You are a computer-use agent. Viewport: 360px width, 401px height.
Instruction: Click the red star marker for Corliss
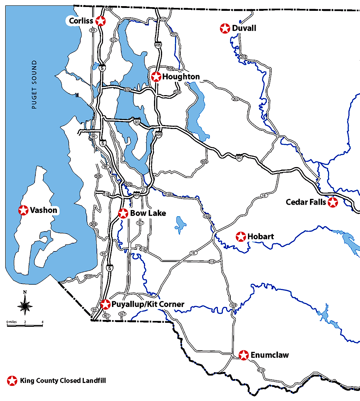click(x=101, y=21)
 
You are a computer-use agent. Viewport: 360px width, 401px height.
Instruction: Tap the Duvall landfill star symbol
click(x=225, y=28)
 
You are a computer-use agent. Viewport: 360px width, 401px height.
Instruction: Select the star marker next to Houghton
click(x=156, y=77)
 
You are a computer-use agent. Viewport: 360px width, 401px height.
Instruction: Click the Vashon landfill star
click(x=23, y=210)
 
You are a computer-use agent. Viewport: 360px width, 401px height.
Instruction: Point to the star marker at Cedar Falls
click(x=333, y=202)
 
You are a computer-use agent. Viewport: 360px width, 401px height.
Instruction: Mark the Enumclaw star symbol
click(x=244, y=355)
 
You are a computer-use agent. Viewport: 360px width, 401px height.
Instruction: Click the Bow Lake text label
click(x=148, y=213)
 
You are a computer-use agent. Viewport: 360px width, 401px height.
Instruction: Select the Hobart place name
click(x=261, y=237)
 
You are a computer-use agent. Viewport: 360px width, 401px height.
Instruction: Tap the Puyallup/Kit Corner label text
click(x=148, y=304)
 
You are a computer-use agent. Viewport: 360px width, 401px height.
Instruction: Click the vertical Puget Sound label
click(x=34, y=85)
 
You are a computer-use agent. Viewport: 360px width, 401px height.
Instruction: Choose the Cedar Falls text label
click(x=306, y=202)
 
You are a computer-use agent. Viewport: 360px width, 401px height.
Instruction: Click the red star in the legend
click(x=12, y=380)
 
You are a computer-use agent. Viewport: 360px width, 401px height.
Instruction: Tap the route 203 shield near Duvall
click(x=244, y=57)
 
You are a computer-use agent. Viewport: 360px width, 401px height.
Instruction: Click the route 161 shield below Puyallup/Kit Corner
click(x=106, y=316)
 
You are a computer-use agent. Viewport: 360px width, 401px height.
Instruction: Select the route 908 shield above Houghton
click(x=171, y=68)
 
